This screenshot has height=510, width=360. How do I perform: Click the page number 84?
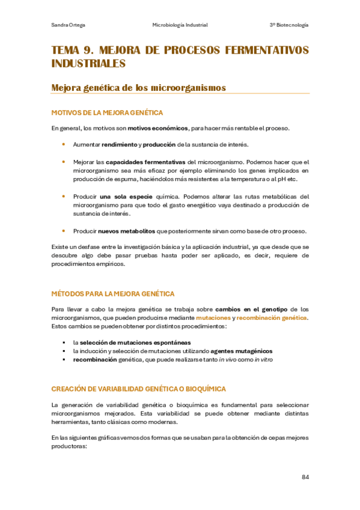point(305,477)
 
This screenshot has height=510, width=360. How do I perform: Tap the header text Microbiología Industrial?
point(180,25)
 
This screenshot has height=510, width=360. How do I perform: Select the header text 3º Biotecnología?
point(289,25)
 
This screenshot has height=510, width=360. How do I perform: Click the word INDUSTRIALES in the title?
point(89,63)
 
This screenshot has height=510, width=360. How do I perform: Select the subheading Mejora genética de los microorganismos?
point(139,88)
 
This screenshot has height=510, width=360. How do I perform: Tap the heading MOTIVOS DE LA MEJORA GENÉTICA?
point(108,112)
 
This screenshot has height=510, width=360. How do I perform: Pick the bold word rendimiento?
point(119,144)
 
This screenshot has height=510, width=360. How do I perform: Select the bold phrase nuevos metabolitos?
point(127,231)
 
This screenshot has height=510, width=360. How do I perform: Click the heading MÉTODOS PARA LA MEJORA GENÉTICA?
point(113,294)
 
